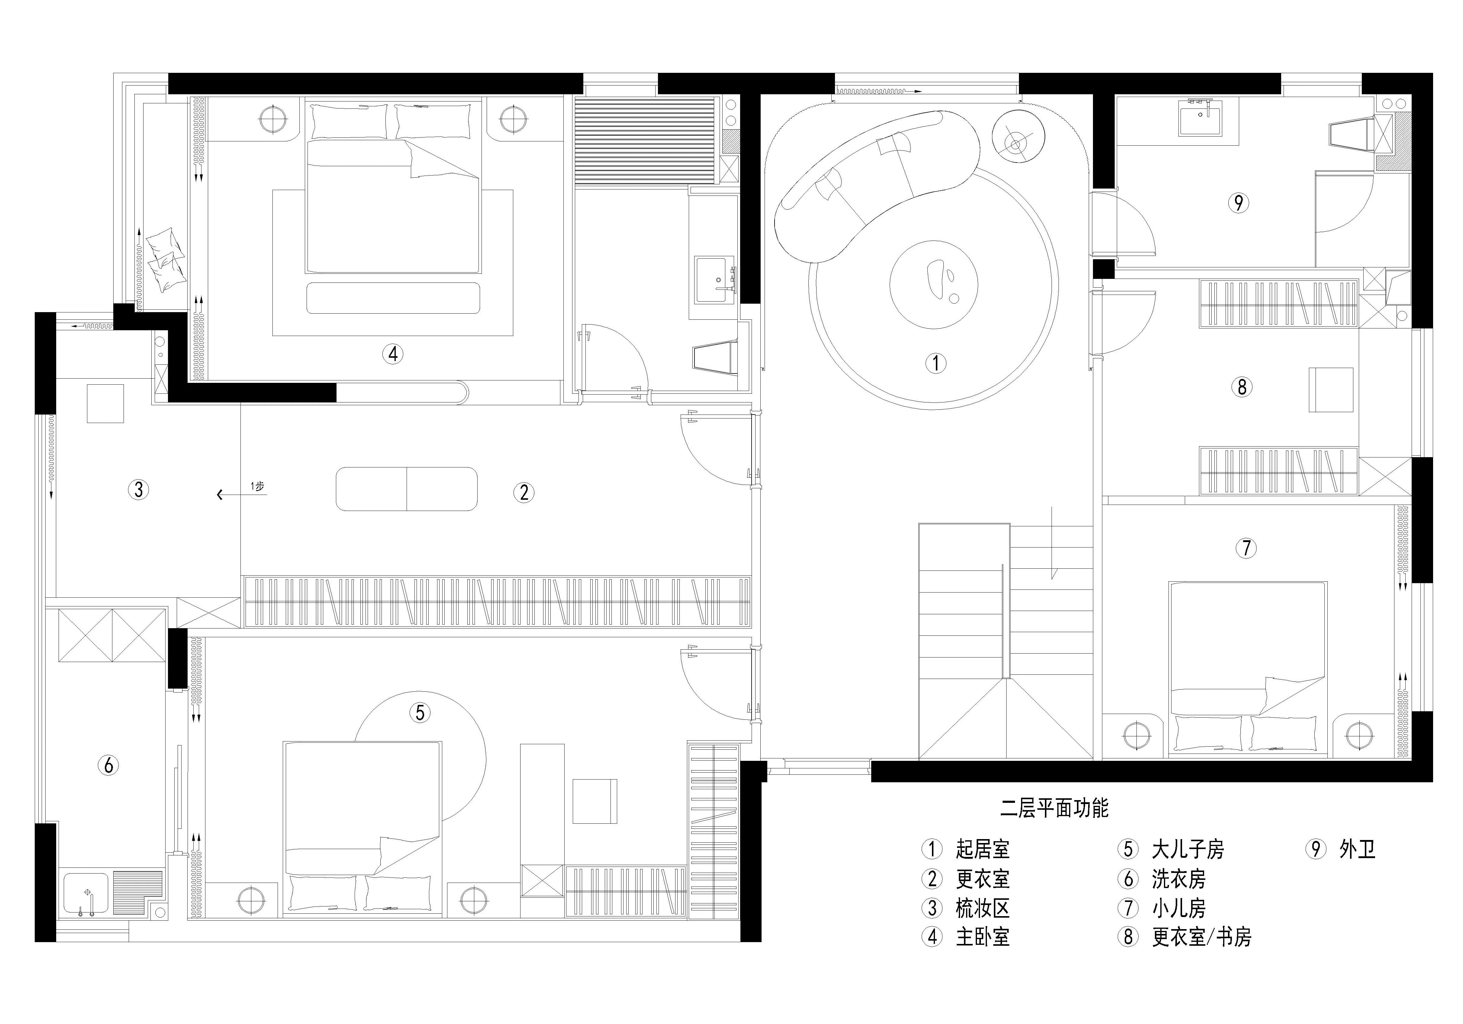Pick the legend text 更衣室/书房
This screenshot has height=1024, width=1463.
[1201, 937]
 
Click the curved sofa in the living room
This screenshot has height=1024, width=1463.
[873, 185]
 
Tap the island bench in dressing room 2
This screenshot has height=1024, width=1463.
[407, 489]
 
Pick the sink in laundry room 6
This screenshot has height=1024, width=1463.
[85, 893]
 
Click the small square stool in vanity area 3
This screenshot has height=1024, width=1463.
[105, 403]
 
